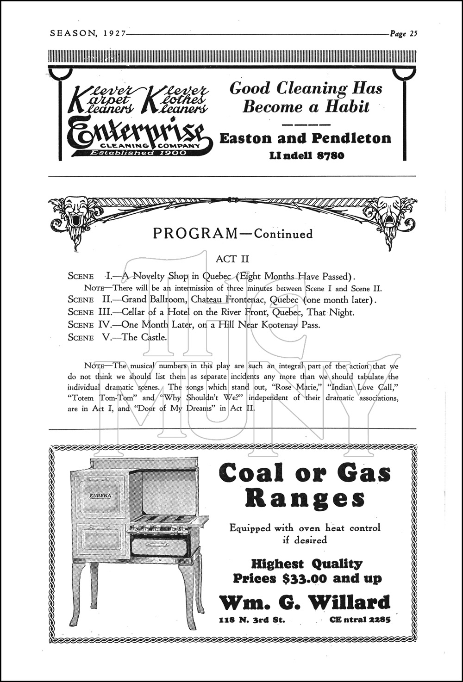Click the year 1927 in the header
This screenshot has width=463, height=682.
pos(111,33)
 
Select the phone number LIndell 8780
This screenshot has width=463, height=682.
pos(307,155)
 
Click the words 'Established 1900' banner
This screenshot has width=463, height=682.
pos(138,153)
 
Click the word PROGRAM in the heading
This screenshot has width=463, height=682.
pos(194,234)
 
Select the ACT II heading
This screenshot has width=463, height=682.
pos(232,259)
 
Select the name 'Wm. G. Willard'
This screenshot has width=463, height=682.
pos(304,602)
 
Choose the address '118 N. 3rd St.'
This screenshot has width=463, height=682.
pos(252,620)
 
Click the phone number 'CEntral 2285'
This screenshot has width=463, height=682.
pos(360,620)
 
